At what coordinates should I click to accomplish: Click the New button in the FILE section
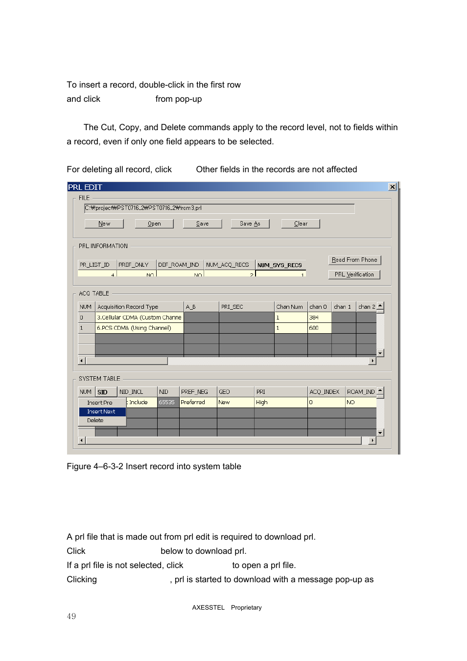(x=104, y=224)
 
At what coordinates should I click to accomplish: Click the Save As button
(x=250, y=224)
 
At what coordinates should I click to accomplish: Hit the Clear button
(x=301, y=224)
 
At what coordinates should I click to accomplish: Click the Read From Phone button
(x=354, y=260)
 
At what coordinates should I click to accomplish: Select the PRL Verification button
(x=354, y=274)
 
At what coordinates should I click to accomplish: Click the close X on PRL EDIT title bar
(x=392, y=187)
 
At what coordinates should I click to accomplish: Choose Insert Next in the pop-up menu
(x=102, y=411)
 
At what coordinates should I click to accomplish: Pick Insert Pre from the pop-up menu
(x=100, y=403)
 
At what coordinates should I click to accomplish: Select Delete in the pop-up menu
(x=95, y=420)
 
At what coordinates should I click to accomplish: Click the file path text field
(x=219, y=208)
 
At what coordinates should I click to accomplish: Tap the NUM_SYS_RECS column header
(x=280, y=265)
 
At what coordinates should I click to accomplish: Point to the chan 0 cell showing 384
(x=319, y=318)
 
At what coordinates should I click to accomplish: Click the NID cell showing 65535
(x=167, y=402)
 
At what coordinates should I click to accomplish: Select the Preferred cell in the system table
(x=197, y=402)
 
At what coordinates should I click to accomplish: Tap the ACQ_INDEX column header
(x=325, y=392)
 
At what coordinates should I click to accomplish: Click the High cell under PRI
(x=280, y=402)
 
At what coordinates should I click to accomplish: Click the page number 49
(x=71, y=616)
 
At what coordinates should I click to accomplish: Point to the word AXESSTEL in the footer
(x=208, y=608)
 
